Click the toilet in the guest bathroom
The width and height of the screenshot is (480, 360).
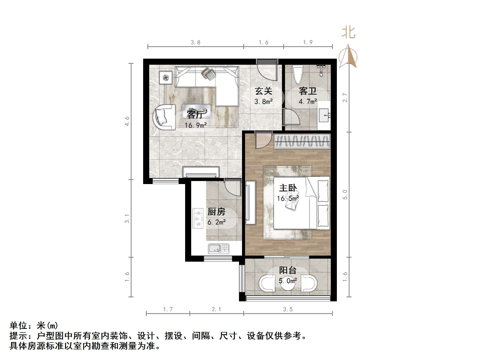click(298, 74)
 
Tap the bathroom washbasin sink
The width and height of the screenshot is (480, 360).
click(324, 115)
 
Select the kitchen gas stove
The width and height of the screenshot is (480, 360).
click(198, 218)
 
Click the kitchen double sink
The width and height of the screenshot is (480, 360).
click(219, 249)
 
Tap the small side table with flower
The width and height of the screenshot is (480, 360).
click(166, 77)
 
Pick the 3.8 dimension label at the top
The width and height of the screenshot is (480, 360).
click(195, 42)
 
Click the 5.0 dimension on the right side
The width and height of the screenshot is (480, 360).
click(345, 194)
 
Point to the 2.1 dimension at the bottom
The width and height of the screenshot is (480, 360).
click(216, 309)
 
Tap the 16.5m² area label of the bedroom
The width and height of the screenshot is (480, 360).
click(288, 198)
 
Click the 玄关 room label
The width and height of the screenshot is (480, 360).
click(263, 91)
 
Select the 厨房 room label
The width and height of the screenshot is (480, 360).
click(216, 212)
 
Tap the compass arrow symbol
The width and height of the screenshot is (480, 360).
click(348, 57)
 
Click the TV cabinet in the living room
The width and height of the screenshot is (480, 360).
click(201, 172)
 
